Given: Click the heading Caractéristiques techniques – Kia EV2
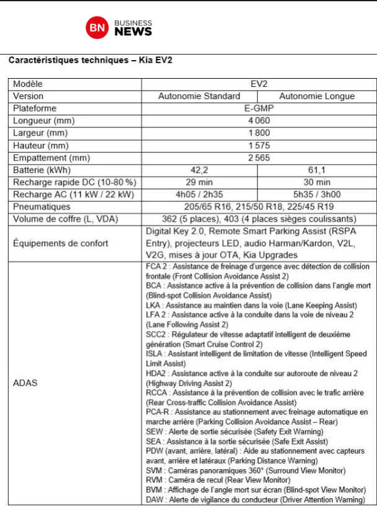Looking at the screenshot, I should coord(90,61).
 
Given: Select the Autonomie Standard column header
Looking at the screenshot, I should coord(199,96).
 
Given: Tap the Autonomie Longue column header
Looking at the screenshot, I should coord(317,96).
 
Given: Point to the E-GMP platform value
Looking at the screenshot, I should coord(259,108).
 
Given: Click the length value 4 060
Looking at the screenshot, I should coord(259,120).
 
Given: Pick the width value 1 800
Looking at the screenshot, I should coord(259,133).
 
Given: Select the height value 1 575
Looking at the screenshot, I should coord(259,145).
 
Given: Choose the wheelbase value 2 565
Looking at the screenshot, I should coord(259,157).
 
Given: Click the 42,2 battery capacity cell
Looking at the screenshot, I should coord(199,170).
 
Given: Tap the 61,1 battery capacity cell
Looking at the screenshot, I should coord(317,170).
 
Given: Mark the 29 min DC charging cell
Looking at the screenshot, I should coord(199,182).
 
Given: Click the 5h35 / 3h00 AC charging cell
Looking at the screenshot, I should coord(317,195).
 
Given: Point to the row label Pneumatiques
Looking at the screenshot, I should coord(42,206).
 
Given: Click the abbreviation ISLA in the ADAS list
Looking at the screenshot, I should coord(154,354).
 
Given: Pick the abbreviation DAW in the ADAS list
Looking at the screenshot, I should coord(155,499).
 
